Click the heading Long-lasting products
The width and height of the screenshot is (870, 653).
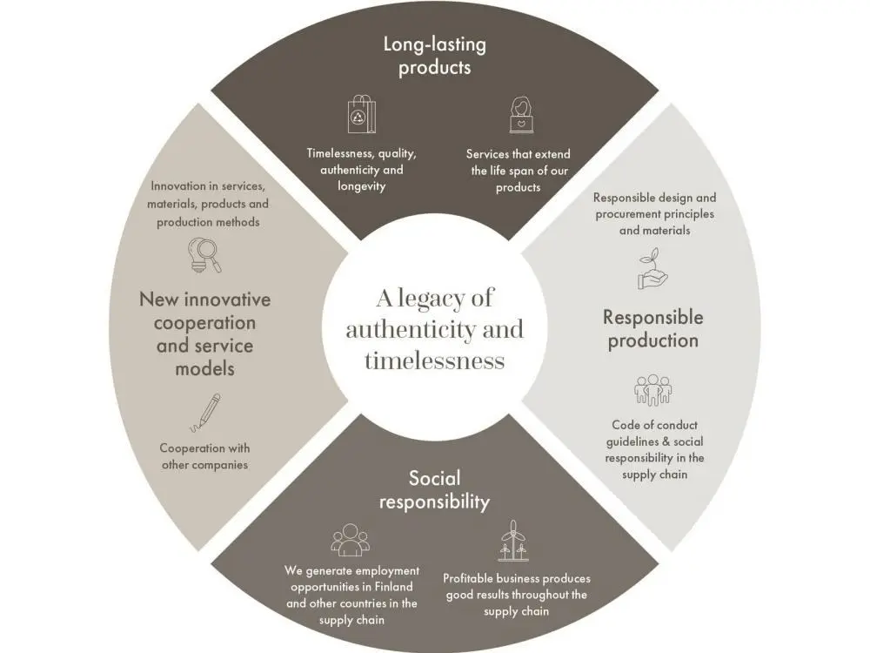434,55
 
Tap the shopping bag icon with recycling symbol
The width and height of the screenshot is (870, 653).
361,114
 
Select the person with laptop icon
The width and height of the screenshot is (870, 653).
520,115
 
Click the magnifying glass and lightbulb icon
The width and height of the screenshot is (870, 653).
205,255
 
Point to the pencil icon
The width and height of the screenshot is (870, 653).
205,413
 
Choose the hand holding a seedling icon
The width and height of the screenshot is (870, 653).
652,270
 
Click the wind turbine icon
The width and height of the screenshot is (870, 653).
513,542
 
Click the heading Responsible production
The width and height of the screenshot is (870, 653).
652,328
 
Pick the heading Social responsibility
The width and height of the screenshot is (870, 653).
434,489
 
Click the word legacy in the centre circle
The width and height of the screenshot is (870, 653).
444,300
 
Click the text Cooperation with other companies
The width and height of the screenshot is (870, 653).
204,456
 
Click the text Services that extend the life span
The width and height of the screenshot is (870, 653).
519,162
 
